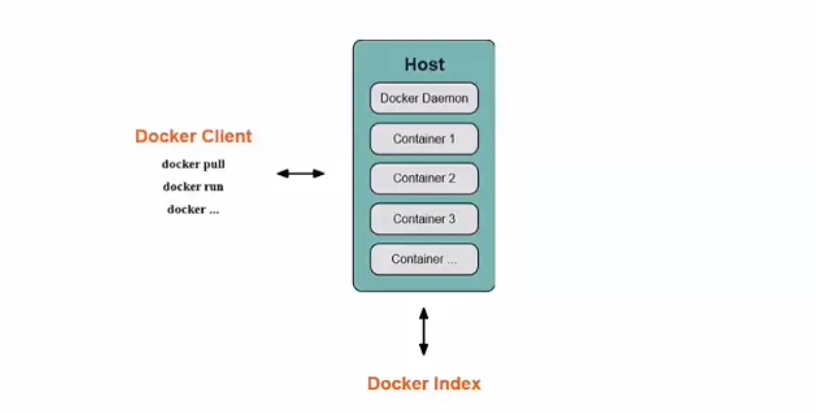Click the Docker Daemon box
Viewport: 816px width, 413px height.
[x=424, y=98]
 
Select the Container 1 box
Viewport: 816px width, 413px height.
[x=424, y=139]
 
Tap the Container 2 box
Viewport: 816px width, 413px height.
[x=424, y=178]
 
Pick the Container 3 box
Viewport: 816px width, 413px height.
[x=424, y=219]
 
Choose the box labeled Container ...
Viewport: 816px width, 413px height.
[x=424, y=259]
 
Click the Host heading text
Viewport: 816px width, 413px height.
[x=425, y=64]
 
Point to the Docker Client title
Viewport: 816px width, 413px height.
[x=193, y=136]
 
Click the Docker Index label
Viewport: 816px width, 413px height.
[x=424, y=384]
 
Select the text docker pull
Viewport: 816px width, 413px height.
[x=193, y=164]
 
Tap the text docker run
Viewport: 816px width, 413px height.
[x=193, y=187]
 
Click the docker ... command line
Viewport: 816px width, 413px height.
[x=193, y=209]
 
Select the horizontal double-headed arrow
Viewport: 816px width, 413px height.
[x=300, y=173]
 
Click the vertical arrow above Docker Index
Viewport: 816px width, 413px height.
[x=424, y=331]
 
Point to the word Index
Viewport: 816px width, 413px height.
[x=457, y=384]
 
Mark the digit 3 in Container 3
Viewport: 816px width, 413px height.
[x=452, y=219]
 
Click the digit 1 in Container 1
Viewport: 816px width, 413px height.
[x=452, y=139]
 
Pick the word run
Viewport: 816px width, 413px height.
[x=214, y=187]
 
